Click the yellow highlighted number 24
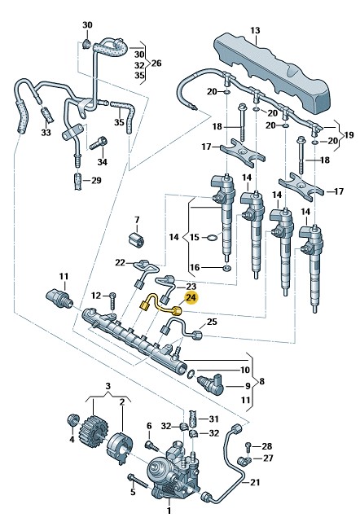tap(191, 297)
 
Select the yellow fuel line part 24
tap(159, 305)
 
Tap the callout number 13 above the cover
tap(255, 30)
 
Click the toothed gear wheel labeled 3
tap(90, 430)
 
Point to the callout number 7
tap(137, 220)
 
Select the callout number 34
tap(103, 162)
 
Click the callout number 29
tap(96, 181)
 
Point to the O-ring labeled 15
tap(212, 237)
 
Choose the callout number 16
tap(195, 267)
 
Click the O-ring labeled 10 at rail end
tap(191, 374)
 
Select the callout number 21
tap(255, 482)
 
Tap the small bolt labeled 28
tap(248, 447)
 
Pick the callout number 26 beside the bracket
tap(156, 64)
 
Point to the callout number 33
tap(46, 133)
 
